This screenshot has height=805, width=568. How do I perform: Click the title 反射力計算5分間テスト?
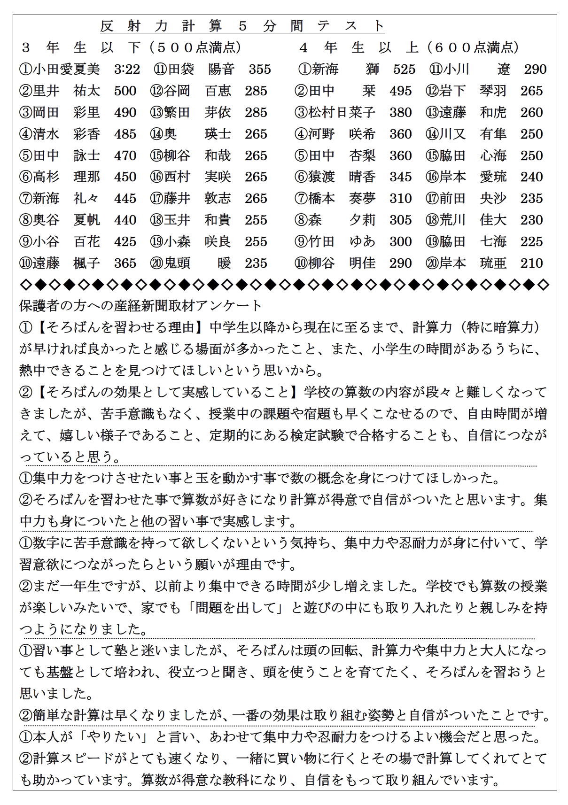[242, 26]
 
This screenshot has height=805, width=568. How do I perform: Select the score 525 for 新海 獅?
[404, 70]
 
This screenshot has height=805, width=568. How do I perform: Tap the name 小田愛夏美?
[66, 70]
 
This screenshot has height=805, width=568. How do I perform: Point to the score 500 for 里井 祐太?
[125, 91]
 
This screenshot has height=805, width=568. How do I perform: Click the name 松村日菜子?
[342, 113]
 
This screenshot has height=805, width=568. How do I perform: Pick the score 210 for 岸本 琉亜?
[531, 263]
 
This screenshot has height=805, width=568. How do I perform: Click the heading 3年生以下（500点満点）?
[131, 47]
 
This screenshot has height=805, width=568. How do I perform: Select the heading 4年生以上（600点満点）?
[409, 47]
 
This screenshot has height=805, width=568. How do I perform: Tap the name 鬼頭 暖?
[197, 263]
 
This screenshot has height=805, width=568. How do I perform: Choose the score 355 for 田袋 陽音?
[260, 70]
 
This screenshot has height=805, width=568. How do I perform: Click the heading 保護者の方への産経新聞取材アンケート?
[140, 306]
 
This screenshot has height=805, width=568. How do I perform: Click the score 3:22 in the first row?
[127, 70]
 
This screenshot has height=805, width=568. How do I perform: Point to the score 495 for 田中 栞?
[400, 91]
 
